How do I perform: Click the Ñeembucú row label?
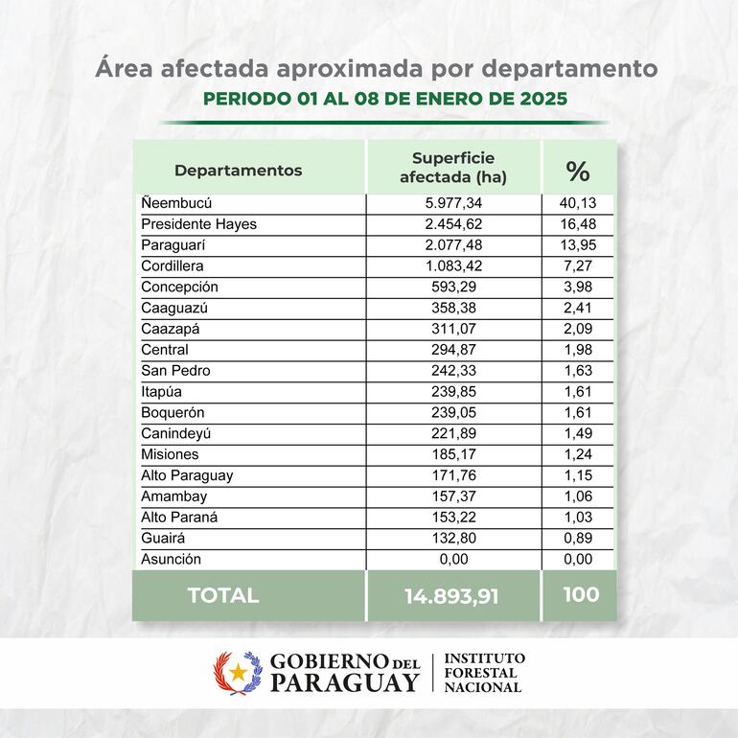(176, 203)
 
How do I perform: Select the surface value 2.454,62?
(452, 224)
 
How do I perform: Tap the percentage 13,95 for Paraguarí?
(577, 245)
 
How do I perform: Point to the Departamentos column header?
(238, 171)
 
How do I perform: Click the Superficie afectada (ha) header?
(452, 168)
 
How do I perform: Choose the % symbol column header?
(577, 171)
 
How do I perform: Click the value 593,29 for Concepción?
(452, 287)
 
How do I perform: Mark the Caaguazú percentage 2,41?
(577, 308)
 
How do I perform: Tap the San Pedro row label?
(175, 371)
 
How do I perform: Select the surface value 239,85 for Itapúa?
(452, 391)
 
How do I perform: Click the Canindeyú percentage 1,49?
(577, 433)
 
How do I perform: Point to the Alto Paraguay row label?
(187, 475)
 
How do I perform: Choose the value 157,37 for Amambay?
(452, 496)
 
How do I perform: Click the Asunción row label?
(171, 559)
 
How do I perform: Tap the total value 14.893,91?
(452, 595)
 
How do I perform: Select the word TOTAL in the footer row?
(222, 595)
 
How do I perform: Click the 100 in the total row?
(581, 594)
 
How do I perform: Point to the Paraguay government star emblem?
(237, 673)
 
